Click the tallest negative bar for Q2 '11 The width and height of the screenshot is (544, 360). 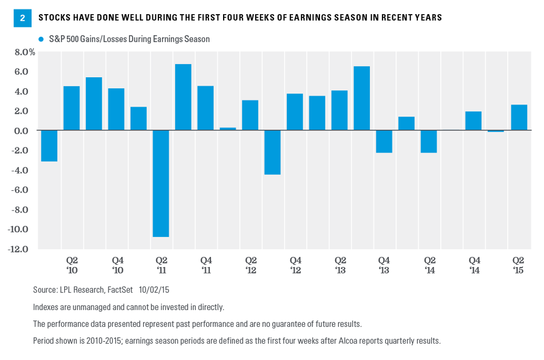[160, 183]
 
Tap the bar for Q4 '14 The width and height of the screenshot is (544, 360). [473, 121]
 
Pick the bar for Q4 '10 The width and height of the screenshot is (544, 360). [116, 109]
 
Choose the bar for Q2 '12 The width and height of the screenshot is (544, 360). [250, 115]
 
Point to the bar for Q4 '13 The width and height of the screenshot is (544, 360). [384, 141]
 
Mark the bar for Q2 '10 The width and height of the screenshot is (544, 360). [71, 108]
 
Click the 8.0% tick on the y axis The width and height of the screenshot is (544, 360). [24, 52]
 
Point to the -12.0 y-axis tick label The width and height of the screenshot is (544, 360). [24, 249]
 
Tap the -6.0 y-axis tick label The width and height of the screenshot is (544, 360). [26, 190]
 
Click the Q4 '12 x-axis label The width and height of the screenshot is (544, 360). [295, 265]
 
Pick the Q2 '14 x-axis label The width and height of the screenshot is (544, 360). [429, 265]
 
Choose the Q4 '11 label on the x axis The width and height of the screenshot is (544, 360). [206, 265]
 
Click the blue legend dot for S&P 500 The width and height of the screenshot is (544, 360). [41, 39]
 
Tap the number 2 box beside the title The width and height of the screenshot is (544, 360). [22, 18]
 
